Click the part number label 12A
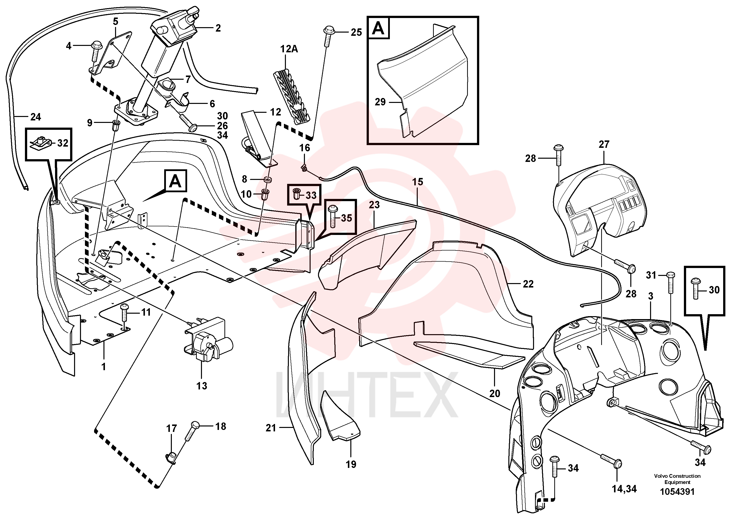[x=289, y=49]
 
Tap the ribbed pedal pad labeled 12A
[x=292, y=96]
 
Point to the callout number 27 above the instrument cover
[x=604, y=144]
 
